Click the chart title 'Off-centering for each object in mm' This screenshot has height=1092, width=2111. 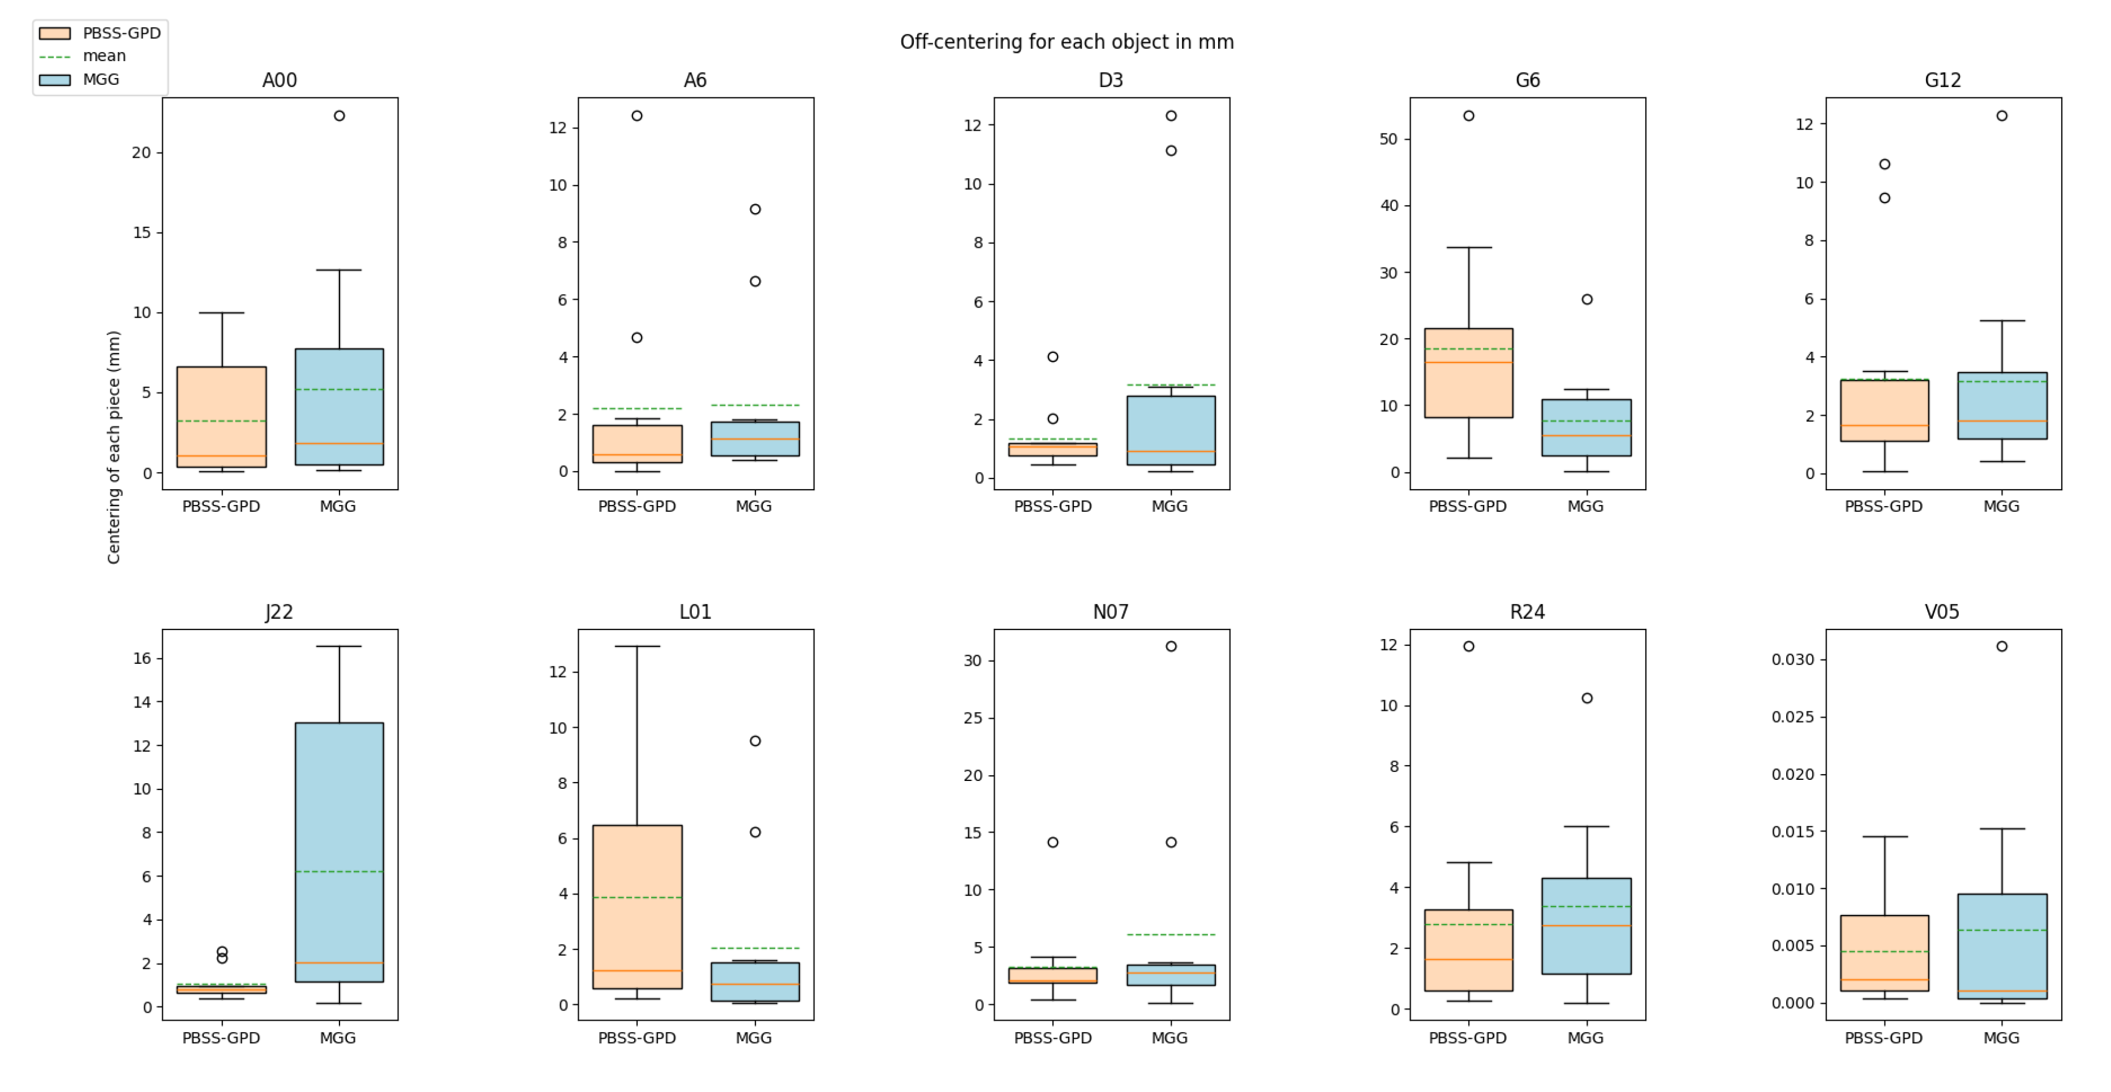pos(1066,42)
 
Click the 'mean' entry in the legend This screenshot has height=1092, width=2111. pos(104,56)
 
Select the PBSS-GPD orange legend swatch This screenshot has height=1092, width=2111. pos(55,33)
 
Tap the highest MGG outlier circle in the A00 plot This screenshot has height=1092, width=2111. pos(339,115)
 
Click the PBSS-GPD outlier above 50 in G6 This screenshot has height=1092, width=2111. pos(1468,115)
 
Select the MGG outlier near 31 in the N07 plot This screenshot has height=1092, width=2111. pos(1171,646)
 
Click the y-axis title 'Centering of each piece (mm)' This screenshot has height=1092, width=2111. pos(114,446)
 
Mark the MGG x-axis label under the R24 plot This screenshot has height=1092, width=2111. pos(1585,1038)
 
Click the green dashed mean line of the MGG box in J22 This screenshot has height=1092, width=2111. pos(339,871)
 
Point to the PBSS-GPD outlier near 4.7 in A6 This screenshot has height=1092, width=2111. pos(637,338)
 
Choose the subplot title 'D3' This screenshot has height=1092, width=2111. pos(1111,80)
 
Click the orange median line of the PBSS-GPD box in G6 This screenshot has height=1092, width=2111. pos(1468,362)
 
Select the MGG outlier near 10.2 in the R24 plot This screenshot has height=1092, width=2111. pos(1587,698)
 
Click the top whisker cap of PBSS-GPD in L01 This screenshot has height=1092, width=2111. pos(637,646)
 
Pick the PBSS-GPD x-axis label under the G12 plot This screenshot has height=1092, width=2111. pos(1883,506)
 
